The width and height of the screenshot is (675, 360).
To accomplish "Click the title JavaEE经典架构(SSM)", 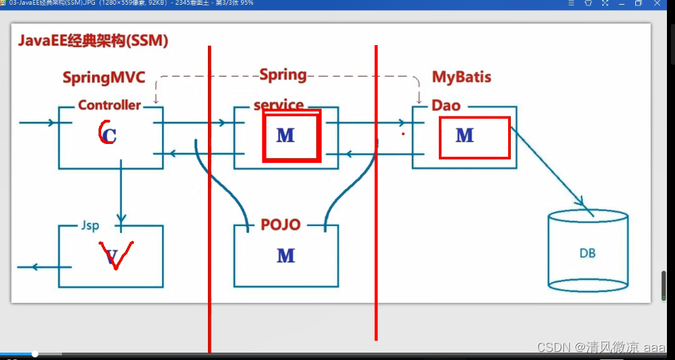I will pyautogui.click(x=93, y=41).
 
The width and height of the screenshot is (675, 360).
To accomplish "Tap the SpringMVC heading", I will pyautogui.click(x=104, y=77).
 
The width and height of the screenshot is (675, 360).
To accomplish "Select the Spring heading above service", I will pyautogui.click(x=283, y=75).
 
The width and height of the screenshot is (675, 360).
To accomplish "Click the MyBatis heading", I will pyautogui.click(x=461, y=77).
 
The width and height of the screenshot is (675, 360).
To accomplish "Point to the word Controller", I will pyautogui.click(x=109, y=105).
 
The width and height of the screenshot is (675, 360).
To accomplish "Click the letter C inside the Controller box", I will pyautogui.click(x=108, y=135).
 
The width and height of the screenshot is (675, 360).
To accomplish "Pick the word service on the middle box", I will pyautogui.click(x=279, y=106).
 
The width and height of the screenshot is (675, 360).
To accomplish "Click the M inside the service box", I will pyautogui.click(x=285, y=135).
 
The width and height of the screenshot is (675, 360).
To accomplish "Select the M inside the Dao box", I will pyautogui.click(x=464, y=136).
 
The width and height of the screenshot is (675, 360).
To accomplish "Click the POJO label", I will pyautogui.click(x=281, y=225).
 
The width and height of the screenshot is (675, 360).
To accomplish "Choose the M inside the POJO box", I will pyautogui.click(x=285, y=256).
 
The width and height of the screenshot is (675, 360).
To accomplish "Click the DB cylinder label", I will pyautogui.click(x=588, y=254).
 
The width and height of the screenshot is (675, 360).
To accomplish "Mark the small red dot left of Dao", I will pyautogui.click(x=402, y=134).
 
